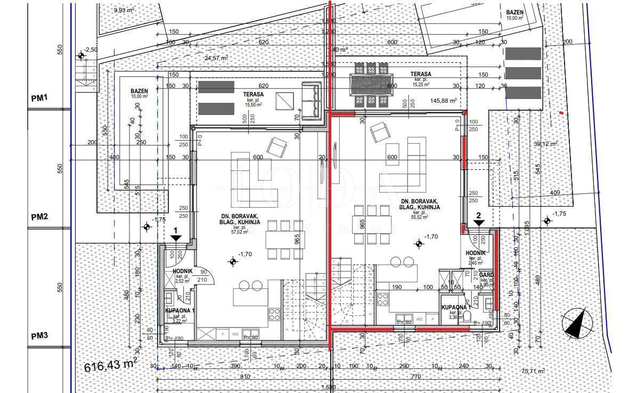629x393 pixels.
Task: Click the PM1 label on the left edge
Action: pyautogui.click(x=39, y=98)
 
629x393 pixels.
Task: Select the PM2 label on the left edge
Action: pyautogui.click(x=39, y=217)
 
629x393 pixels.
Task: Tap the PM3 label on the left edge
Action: pyautogui.click(x=39, y=335)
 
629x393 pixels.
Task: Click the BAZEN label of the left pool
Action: pyautogui.click(x=139, y=91)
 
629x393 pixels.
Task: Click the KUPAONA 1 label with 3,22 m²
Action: pyautogui.click(x=179, y=310)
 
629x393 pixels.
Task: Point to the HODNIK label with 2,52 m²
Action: pyautogui.click(x=183, y=271)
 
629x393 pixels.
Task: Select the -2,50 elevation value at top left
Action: pyautogui.click(x=91, y=50)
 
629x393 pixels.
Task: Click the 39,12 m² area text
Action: pyautogui.click(x=545, y=144)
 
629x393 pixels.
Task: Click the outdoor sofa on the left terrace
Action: pyautogui.click(x=311, y=101)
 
